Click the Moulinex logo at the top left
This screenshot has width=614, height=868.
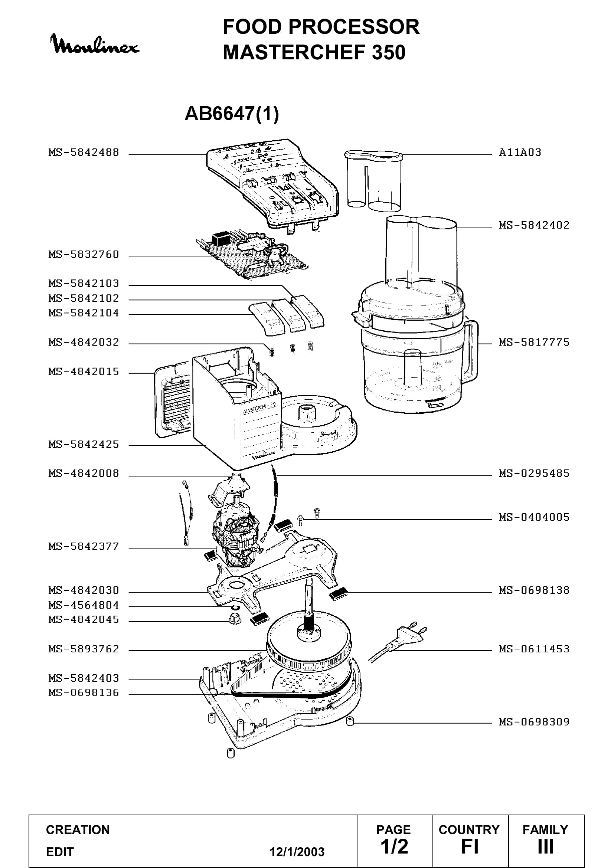pyautogui.click(x=95, y=44)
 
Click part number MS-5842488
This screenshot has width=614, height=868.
pyautogui.click(x=84, y=153)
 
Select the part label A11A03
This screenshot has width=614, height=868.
pyautogui.click(x=520, y=153)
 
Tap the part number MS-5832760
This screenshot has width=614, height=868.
pyautogui.click(x=84, y=255)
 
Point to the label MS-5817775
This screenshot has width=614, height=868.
pyautogui.click(x=534, y=342)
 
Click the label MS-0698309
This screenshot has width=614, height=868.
pyautogui.click(x=534, y=722)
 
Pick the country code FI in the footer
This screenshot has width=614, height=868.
pyautogui.click(x=470, y=846)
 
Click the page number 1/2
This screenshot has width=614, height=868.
pyautogui.click(x=394, y=846)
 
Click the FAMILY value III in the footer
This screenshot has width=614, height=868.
pyautogui.click(x=546, y=846)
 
